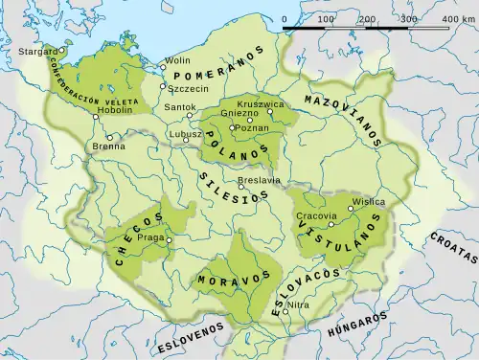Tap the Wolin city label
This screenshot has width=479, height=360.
179,60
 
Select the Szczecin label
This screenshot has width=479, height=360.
188,87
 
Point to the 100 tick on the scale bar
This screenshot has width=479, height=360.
326,19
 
